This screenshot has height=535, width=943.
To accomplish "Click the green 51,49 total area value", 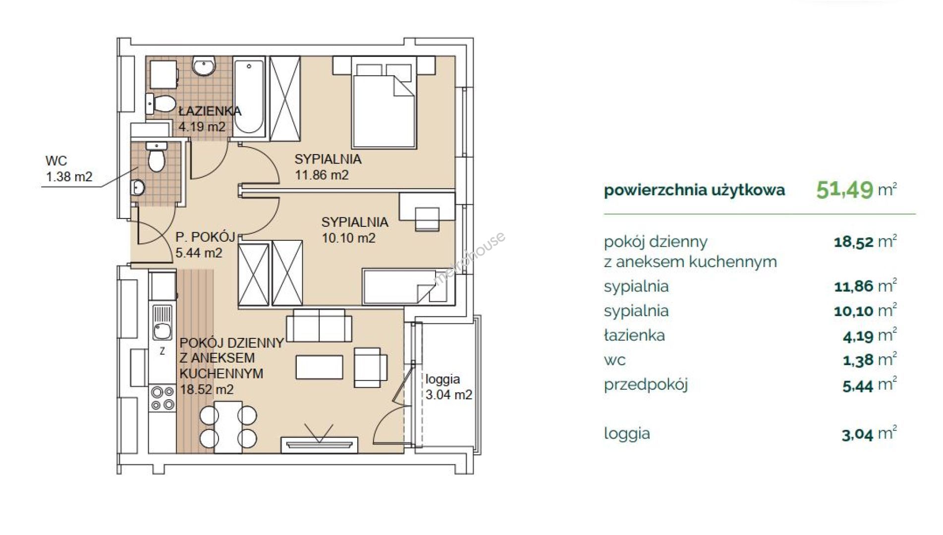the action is (x=844, y=189).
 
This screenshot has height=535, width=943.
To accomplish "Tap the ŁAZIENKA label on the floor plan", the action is (x=210, y=111).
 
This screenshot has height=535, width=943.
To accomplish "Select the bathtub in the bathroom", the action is (x=249, y=97).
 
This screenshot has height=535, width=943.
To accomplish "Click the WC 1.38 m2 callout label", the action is (x=69, y=169).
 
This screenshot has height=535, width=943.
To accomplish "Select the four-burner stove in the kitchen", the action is (x=163, y=398).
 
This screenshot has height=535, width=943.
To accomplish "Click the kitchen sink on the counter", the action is (x=162, y=322).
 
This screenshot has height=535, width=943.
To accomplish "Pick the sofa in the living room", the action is (x=319, y=325).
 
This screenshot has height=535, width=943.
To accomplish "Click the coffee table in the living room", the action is (x=320, y=368).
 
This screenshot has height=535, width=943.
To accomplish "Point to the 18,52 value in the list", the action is (x=853, y=243).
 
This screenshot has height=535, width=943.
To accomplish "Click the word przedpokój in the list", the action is (x=646, y=385).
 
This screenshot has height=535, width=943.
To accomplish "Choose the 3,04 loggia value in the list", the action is (x=857, y=435).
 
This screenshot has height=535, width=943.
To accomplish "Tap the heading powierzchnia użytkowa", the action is (x=694, y=190).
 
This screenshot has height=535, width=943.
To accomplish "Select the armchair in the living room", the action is (x=371, y=367).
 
